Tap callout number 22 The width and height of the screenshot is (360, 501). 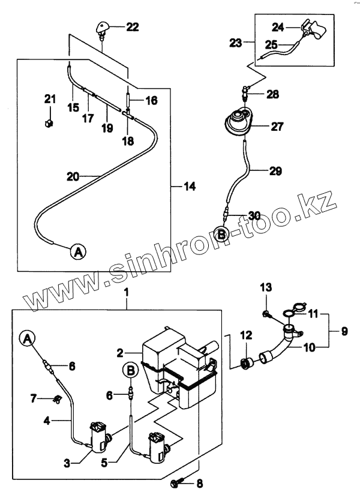[132, 26]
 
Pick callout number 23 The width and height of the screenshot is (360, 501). [236, 43]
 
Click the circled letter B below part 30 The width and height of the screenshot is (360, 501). [222, 235]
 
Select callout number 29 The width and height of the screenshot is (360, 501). [274, 172]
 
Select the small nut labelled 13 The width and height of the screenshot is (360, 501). [266, 314]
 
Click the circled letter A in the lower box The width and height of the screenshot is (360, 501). [28, 339]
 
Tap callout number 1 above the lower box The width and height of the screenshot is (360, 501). [127, 292]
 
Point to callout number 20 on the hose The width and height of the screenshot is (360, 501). [73, 176]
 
